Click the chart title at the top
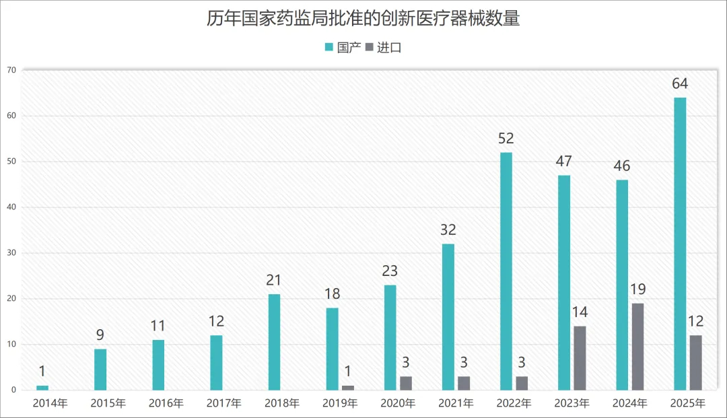[363, 18]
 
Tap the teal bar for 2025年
[680, 244]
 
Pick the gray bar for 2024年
[637, 347]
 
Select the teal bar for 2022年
[506, 271]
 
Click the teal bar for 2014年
[42, 388]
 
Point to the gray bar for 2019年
[348, 388]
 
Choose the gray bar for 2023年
[580, 358]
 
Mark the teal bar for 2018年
[274, 342]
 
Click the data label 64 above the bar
[680, 84]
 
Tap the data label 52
[506, 139]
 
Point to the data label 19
[637, 290]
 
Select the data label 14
[580, 313]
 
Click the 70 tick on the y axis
[11, 70]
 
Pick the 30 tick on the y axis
[11, 253]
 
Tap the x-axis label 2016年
[165, 404]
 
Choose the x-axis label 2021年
[454, 404]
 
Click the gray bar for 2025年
[696, 363]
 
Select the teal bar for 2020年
[390, 337]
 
